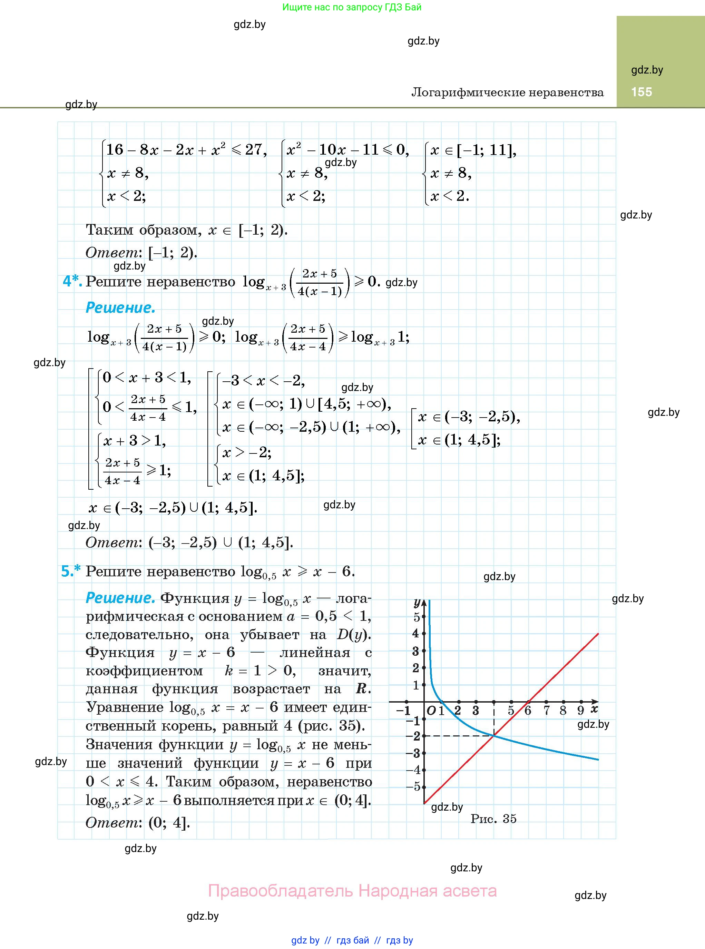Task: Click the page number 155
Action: tap(642, 92)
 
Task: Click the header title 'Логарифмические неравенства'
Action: tap(507, 92)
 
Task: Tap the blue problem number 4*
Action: tap(72, 281)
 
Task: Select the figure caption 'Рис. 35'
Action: tap(493, 819)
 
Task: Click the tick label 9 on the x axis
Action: tap(580, 711)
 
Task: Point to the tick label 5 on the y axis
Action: tap(417, 617)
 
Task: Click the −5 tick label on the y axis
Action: tap(414, 786)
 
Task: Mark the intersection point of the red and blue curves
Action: tap(494, 735)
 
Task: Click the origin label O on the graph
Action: tap(431, 711)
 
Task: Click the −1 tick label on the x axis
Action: tap(403, 711)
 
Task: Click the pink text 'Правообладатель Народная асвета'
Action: tap(352, 891)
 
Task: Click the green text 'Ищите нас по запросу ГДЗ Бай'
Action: tap(352, 7)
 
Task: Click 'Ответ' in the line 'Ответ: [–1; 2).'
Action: tap(112, 253)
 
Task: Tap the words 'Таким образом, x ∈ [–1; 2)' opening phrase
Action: tap(144, 230)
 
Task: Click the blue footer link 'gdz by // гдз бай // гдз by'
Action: tap(352, 940)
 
